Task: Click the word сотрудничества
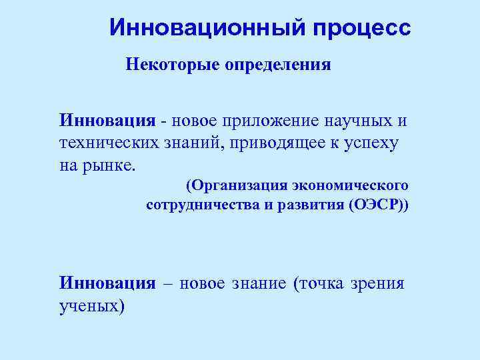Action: pos(201,204)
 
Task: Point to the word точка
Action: pos(319,284)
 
